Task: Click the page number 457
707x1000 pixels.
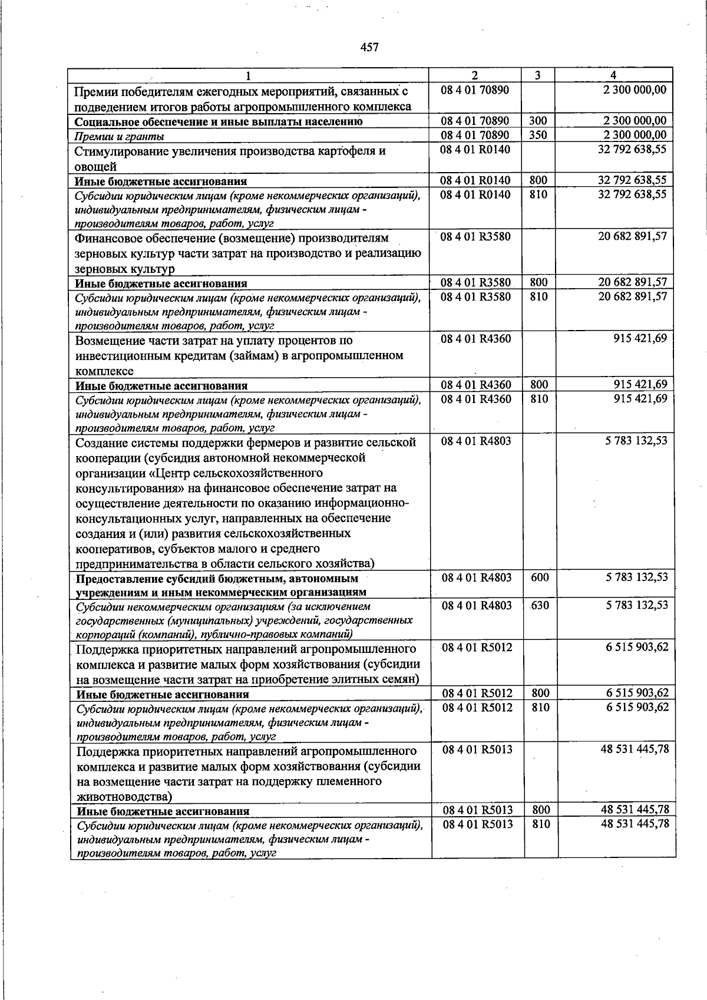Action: (x=369, y=47)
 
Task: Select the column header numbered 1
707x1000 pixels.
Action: (x=248, y=75)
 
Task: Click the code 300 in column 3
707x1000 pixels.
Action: (x=538, y=121)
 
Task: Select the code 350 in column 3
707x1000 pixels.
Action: (x=538, y=136)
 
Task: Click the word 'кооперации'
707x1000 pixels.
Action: (x=106, y=458)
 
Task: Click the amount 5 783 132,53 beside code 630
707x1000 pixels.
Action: (x=637, y=605)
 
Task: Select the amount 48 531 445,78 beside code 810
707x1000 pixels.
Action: (x=635, y=824)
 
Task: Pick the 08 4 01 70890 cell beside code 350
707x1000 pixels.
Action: (x=475, y=136)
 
